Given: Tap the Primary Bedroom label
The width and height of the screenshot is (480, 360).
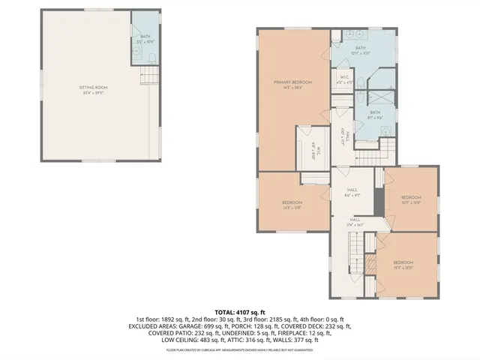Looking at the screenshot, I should coord(292,84).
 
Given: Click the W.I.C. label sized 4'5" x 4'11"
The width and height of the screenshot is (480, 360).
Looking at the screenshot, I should coord(344,79).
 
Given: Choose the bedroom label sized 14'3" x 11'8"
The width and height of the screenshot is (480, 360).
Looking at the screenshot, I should coord(292,205).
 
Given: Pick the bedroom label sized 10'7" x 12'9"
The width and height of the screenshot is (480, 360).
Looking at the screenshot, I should coord(412,200).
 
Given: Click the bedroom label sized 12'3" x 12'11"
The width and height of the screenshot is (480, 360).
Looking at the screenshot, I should coord(403,265).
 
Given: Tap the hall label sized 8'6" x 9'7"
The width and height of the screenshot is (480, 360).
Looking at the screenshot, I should coord(353,193).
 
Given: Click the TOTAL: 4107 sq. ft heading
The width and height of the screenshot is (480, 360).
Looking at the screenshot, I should coord(240,312).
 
